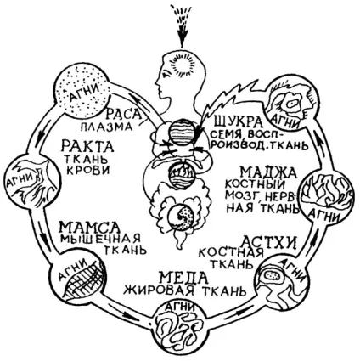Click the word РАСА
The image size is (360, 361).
point(124,114)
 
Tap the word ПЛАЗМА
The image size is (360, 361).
point(107,127)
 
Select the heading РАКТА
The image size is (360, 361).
point(88,146)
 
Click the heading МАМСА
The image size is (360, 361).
point(89,227)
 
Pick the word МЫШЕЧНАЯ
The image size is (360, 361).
point(100,238)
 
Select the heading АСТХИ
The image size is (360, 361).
point(270,242)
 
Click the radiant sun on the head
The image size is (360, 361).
point(184,65)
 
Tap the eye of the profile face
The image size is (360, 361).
point(166,75)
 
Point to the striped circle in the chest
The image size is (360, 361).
point(182,133)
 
